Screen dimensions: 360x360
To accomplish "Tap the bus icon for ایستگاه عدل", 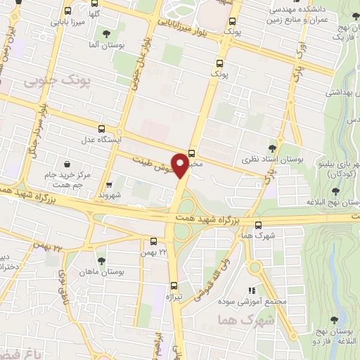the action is click(x=102, y=129).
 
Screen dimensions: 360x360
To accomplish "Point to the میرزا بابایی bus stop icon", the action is click(x=67, y=11).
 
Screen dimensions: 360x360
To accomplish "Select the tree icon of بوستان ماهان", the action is click(x=101, y=260).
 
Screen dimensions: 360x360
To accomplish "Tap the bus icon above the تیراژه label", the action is click(x=174, y=285).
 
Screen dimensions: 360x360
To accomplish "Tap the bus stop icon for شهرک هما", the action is click(x=259, y=225).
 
